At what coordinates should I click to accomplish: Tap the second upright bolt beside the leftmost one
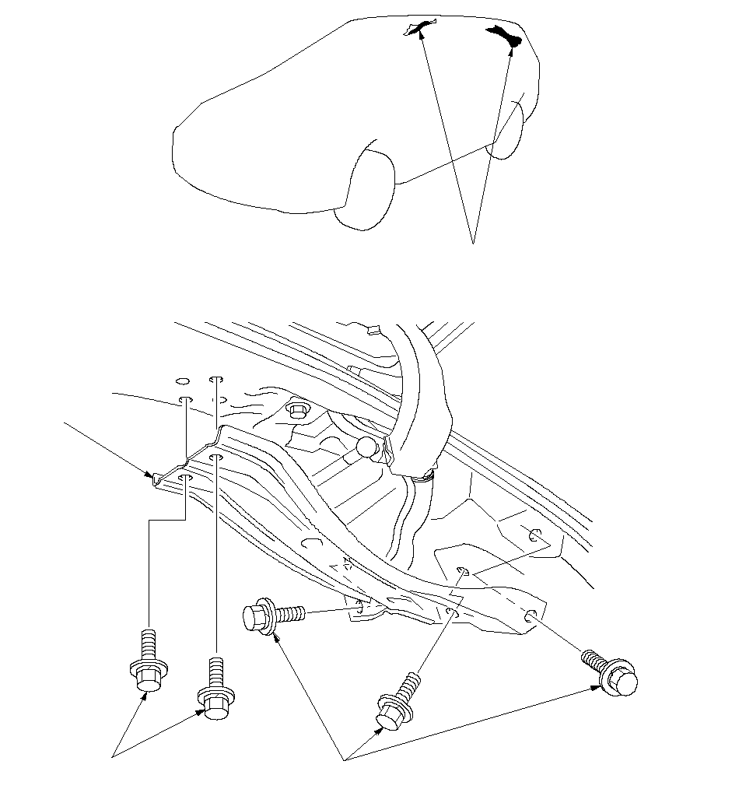tap(215, 689)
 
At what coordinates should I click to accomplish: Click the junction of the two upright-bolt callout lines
tap(115, 756)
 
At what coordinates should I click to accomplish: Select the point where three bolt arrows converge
tap(345, 759)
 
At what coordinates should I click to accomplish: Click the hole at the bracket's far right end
tap(530, 615)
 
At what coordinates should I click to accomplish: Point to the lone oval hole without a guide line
tap(181, 381)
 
